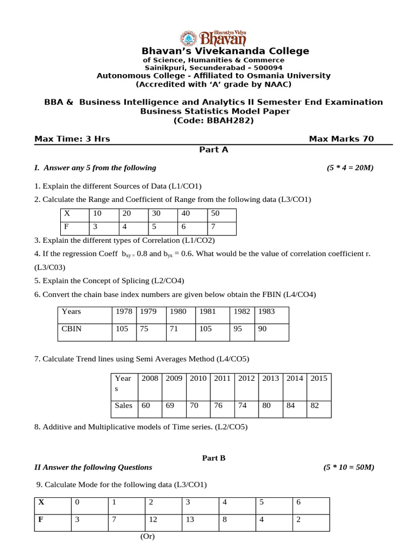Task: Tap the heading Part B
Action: point(213,458)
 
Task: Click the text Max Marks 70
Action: point(341,139)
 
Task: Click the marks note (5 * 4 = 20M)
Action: point(350,168)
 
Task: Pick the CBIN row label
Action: point(72,329)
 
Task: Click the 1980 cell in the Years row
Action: point(178,311)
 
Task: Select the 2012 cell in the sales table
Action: point(246,378)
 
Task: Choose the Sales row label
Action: point(124,406)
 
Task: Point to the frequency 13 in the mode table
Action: point(189,519)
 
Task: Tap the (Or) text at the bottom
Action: point(148,537)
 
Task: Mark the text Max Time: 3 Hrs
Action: point(72,139)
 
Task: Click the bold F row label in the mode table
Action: point(40,519)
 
